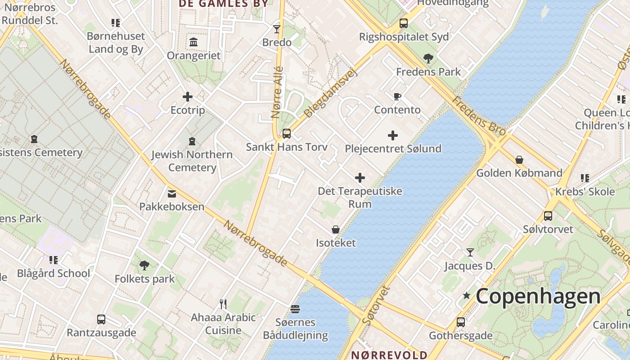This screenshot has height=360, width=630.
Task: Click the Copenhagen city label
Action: (538, 297)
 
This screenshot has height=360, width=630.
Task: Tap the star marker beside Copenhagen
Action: (467, 296)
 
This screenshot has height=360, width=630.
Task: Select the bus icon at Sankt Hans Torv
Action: (286, 134)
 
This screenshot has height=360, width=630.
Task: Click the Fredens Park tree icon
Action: (428, 58)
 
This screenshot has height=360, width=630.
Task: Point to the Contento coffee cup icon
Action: (397, 96)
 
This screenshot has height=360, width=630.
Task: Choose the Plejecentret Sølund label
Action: (393, 148)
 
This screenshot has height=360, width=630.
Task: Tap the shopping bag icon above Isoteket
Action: (336, 229)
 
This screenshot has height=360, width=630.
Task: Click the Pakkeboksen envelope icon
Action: (171, 194)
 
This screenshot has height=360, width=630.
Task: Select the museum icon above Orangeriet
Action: (193, 42)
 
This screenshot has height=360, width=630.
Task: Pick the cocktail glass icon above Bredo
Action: (277, 29)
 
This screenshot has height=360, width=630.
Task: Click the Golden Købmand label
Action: (519, 173)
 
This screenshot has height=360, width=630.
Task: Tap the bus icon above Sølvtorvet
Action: (548, 216)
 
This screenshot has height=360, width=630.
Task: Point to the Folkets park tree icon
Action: (144, 265)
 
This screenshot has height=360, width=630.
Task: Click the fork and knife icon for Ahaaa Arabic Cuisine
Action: (223, 304)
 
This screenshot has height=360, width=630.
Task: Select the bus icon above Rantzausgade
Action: (101, 319)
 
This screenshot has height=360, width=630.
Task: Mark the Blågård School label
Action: (54, 273)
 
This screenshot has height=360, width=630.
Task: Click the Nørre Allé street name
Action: (277, 93)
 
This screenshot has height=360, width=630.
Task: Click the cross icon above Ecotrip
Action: (188, 97)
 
